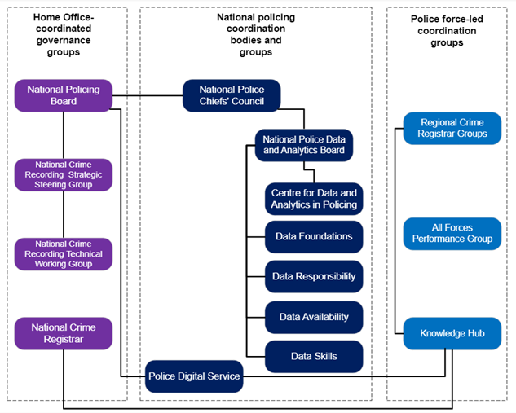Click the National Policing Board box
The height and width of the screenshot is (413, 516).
64,95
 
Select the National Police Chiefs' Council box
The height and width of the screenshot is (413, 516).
231,94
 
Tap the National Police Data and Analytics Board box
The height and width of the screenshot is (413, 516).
303,144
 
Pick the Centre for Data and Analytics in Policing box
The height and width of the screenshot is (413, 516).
314,199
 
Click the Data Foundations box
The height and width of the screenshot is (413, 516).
314,237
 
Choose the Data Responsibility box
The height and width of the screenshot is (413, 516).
314,277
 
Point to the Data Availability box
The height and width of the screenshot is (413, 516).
314,317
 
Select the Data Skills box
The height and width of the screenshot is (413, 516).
314,356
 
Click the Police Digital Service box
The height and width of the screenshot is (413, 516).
194,376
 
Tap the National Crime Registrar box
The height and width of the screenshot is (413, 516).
64,334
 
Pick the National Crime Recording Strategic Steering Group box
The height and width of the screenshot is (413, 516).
64,174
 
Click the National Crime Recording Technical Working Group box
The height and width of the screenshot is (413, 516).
64,253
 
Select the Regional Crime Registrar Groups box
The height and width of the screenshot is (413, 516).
452,128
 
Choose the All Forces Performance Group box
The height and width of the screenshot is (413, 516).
452,233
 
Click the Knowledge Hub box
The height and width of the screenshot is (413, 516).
452,334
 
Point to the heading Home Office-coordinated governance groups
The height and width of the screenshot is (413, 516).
64,34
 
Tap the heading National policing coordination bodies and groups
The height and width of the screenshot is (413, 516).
255,34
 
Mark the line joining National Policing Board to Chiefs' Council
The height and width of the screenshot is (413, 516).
147,96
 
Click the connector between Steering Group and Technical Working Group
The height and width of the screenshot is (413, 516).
64,214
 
